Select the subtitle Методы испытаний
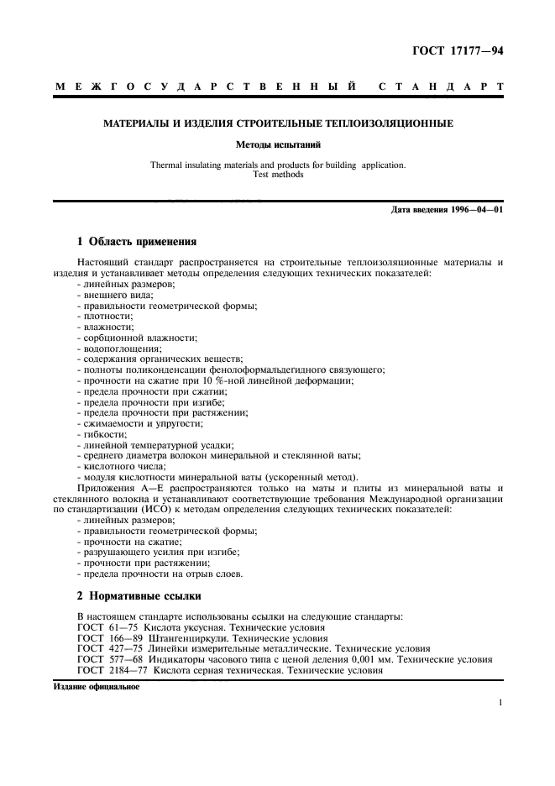click(x=277, y=144)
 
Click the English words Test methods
click(x=277, y=175)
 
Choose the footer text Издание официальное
click(x=96, y=685)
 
